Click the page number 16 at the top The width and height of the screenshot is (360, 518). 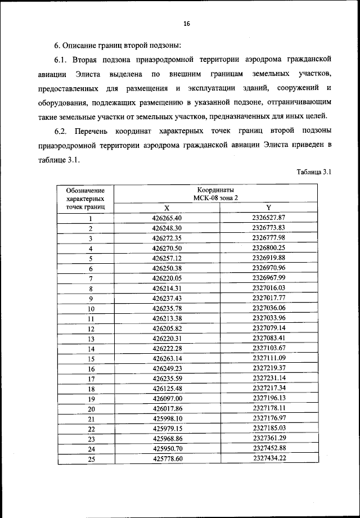187,23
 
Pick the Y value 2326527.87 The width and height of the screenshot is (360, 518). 269,217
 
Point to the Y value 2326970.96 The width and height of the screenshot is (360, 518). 269,268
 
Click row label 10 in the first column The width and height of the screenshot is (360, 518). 91,309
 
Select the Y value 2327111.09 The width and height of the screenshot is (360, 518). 269,358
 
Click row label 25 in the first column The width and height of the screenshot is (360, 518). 91,460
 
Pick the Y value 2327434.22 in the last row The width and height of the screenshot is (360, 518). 269,459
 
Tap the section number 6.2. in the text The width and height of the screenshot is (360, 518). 62,131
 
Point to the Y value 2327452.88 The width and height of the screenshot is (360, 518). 269,449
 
